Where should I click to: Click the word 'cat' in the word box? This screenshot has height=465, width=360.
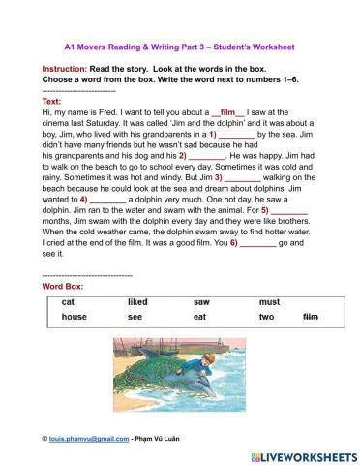[68, 302]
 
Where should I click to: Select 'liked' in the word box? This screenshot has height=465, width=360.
[137, 302]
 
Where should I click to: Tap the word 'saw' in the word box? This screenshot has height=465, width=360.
[201, 302]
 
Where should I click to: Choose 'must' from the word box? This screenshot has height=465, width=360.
[269, 302]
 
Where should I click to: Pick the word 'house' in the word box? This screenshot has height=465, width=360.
[74, 317]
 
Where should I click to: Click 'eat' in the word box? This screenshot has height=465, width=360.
[200, 317]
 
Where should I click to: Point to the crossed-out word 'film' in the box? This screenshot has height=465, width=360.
[311, 317]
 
